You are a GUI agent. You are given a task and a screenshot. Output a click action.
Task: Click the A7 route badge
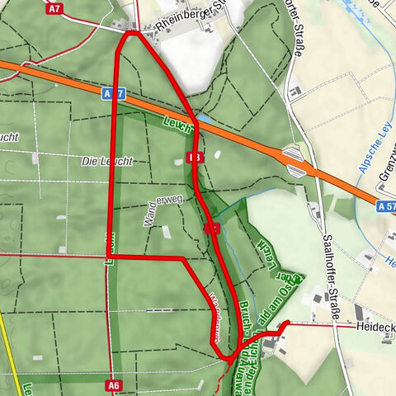click(x=55, y=9)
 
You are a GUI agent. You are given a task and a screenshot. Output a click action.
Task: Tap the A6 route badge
click(x=114, y=384)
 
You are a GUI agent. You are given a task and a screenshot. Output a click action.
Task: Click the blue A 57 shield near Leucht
click(x=114, y=94)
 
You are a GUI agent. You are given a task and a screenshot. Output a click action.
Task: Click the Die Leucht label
click(x=107, y=161)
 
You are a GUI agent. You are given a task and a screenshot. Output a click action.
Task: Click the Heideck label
click(x=375, y=328)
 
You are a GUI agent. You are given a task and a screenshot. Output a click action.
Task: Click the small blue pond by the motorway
click(x=204, y=120)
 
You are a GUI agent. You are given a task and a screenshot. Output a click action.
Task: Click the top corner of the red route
click(x=131, y=33)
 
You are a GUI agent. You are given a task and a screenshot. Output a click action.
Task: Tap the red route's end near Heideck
click(x=285, y=323)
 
